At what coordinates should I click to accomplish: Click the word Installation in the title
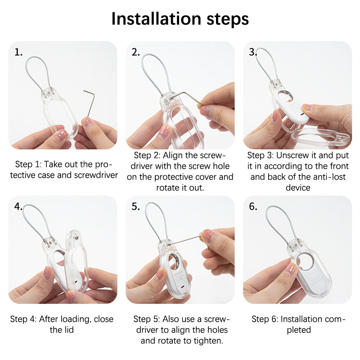coord(156,19)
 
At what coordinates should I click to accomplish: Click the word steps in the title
coord(228,20)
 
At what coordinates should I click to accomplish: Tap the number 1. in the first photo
coord(18,52)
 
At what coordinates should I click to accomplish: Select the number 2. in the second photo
coord(136,52)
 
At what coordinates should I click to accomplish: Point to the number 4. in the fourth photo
coord(18,207)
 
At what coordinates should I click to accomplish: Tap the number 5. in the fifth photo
coord(136,207)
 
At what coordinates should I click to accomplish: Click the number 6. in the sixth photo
coord(253,207)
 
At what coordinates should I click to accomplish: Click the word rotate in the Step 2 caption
coord(167,188)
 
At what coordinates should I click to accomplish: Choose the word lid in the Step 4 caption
coord(69,330)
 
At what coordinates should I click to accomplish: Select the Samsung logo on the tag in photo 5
coord(178,272)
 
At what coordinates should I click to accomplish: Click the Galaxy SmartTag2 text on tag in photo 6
coord(316,282)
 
